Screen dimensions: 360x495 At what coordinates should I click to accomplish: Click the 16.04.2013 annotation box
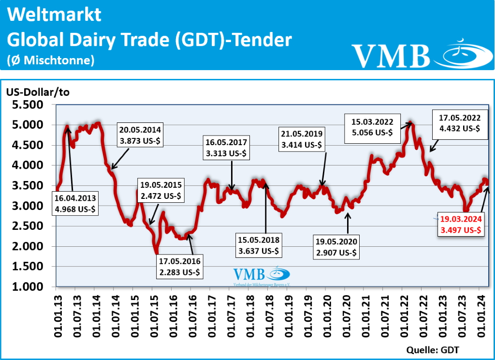[76, 203]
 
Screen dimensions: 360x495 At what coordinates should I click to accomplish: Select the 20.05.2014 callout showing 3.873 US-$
[141, 135]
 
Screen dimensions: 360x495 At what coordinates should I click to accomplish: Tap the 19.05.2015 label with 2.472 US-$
[161, 190]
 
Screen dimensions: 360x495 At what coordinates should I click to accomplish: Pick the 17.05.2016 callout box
[180, 267]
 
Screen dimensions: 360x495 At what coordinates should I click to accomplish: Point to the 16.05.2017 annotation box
[226, 148]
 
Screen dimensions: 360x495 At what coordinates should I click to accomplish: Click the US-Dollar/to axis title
[38, 92]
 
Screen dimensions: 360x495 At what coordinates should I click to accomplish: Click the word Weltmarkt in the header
[55, 15]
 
